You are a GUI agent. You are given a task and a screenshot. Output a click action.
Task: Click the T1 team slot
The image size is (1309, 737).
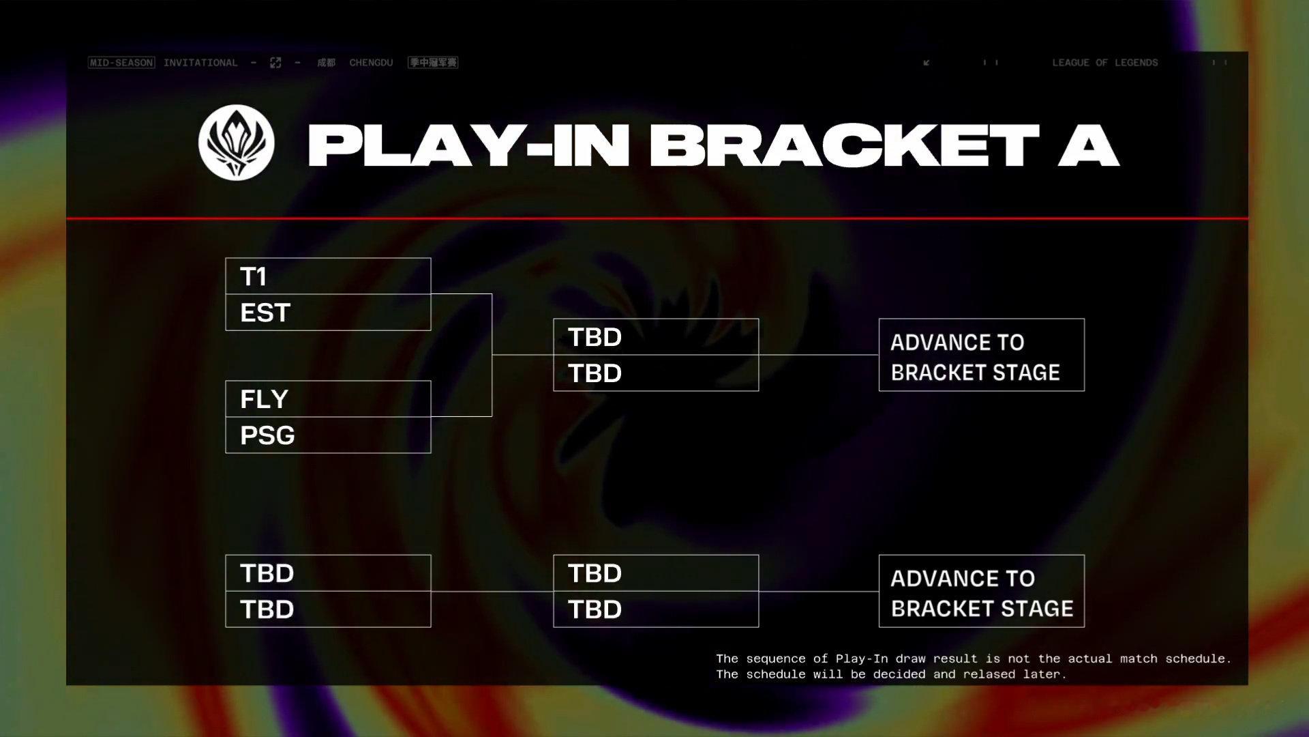coord(328,276)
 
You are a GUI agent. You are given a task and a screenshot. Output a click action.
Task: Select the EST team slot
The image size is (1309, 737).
coord(328,313)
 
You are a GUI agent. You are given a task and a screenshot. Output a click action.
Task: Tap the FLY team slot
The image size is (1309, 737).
coord(328,399)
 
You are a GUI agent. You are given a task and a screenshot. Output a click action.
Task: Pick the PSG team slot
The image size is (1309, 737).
coord(328,435)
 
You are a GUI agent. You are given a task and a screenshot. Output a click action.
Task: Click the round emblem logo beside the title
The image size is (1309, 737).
coord(237,143)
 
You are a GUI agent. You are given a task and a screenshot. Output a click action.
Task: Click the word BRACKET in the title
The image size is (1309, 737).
coord(844,145)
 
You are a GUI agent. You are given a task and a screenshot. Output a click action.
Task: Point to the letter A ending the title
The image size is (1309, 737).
coord(1089,145)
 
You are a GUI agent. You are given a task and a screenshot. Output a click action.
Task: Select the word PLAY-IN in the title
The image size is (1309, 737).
coord(468,145)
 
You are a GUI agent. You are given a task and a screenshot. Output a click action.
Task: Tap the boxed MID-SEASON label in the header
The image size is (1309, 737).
coord(121,63)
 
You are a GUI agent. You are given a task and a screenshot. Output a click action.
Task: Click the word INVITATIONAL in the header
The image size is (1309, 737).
coord(200,63)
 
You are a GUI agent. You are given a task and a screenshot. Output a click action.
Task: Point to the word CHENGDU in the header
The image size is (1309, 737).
coord(371,63)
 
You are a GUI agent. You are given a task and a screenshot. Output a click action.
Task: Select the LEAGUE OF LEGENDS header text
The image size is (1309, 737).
coord(1105,63)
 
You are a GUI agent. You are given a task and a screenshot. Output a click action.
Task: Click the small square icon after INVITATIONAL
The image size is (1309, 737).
coord(275,63)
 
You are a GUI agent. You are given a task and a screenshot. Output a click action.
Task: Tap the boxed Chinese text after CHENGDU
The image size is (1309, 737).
coord(433,63)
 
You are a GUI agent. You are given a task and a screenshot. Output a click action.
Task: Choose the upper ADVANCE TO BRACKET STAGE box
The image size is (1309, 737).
coord(982,355)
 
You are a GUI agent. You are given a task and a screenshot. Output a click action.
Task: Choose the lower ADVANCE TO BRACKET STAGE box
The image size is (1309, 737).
coord(982,591)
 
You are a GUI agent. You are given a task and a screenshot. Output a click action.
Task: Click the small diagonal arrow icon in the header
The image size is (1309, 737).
coord(927,63)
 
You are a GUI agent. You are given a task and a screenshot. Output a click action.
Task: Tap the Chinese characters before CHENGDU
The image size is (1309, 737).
coord(326,63)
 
